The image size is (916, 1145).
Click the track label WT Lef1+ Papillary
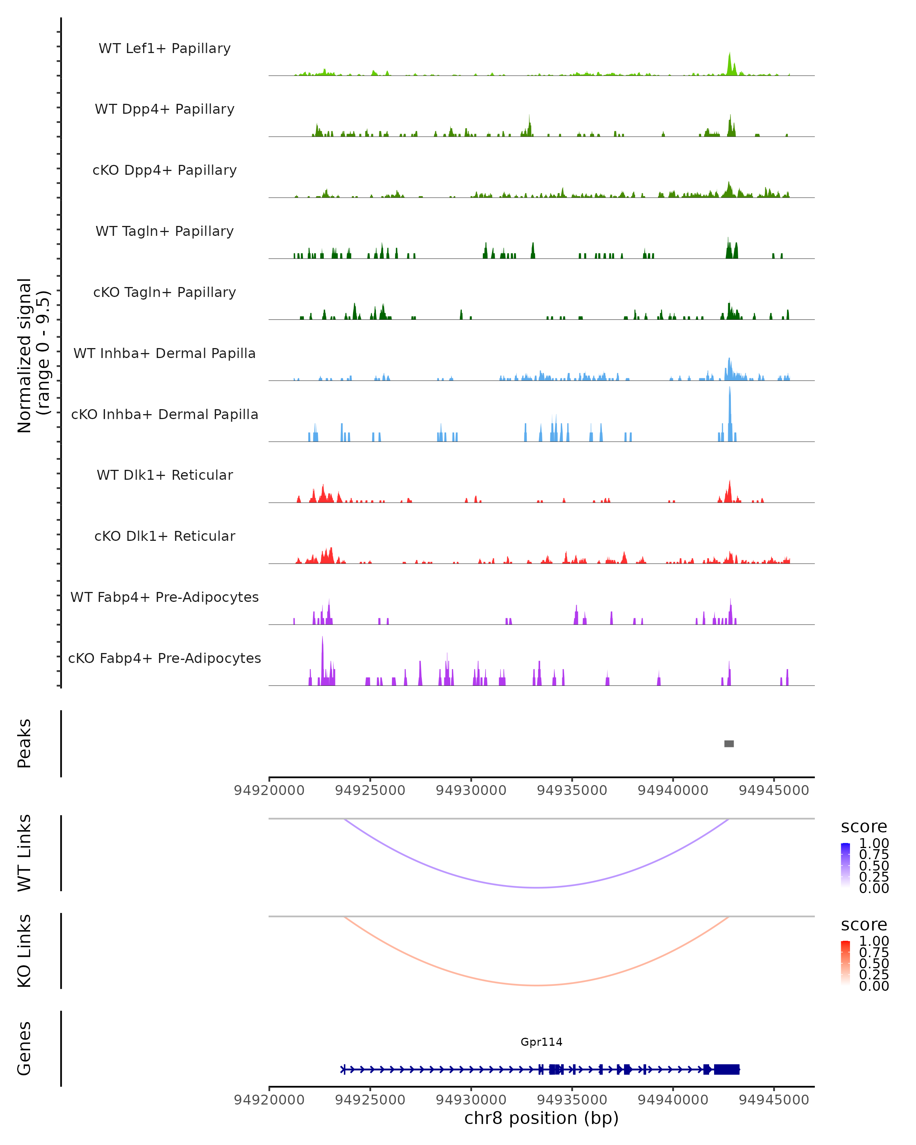(164, 48)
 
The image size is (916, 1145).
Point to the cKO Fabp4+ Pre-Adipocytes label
(164, 658)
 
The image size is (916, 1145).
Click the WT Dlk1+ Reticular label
(164, 475)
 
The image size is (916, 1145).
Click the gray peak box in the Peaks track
(729, 743)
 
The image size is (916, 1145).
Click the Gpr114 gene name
(541, 1042)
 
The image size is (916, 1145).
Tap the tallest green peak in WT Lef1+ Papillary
(730, 63)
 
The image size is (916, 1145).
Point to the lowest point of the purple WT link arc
(537, 887)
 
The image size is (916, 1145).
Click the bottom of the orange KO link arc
(537, 985)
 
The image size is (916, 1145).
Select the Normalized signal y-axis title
(33, 355)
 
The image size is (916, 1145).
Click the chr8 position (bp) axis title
(541, 1118)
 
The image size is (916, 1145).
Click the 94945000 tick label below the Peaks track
(774, 790)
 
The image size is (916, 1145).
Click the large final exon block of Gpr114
(726, 1069)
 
